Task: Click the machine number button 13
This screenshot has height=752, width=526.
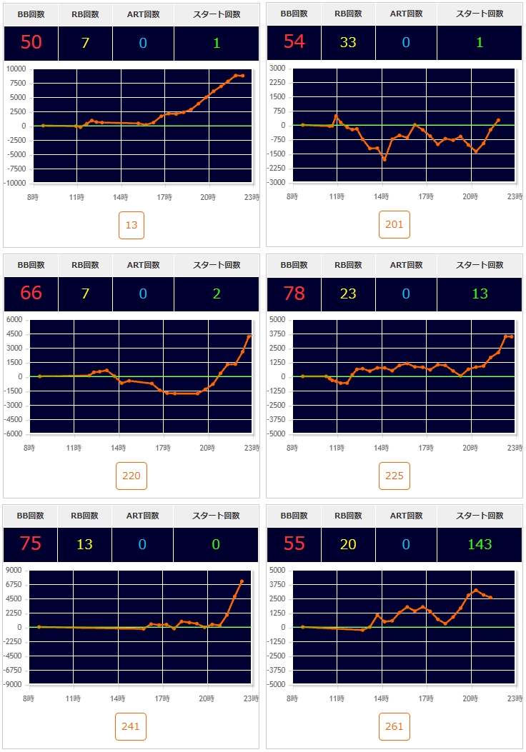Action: pyautogui.click(x=131, y=225)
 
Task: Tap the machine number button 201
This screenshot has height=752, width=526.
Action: pyautogui.click(x=394, y=224)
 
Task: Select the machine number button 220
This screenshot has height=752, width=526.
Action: pyautogui.click(x=131, y=476)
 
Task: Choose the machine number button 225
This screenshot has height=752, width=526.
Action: pyautogui.click(x=394, y=476)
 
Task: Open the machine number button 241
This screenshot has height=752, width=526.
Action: pyautogui.click(x=131, y=726)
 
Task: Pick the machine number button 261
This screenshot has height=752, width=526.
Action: pyautogui.click(x=394, y=726)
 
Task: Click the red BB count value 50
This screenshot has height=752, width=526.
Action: pyautogui.click(x=31, y=42)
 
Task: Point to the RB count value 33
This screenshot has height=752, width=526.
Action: pyautogui.click(x=348, y=42)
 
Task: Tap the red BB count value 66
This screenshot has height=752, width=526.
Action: pyautogui.click(x=31, y=293)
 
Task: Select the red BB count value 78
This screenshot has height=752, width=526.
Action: pyautogui.click(x=294, y=293)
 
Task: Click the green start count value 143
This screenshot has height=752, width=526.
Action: pyautogui.click(x=480, y=544)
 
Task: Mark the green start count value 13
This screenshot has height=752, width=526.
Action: pyautogui.click(x=480, y=293)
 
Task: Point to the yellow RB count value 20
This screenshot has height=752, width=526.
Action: pyautogui.click(x=348, y=544)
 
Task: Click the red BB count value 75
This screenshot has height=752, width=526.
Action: pyautogui.click(x=31, y=544)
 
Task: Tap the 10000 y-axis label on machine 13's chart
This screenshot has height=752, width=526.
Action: pyautogui.click(x=15, y=69)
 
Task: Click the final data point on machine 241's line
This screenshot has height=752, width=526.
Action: pyautogui.click(x=242, y=581)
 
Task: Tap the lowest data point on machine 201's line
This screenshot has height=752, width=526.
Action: pyautogui.click(x=384, y=159)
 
